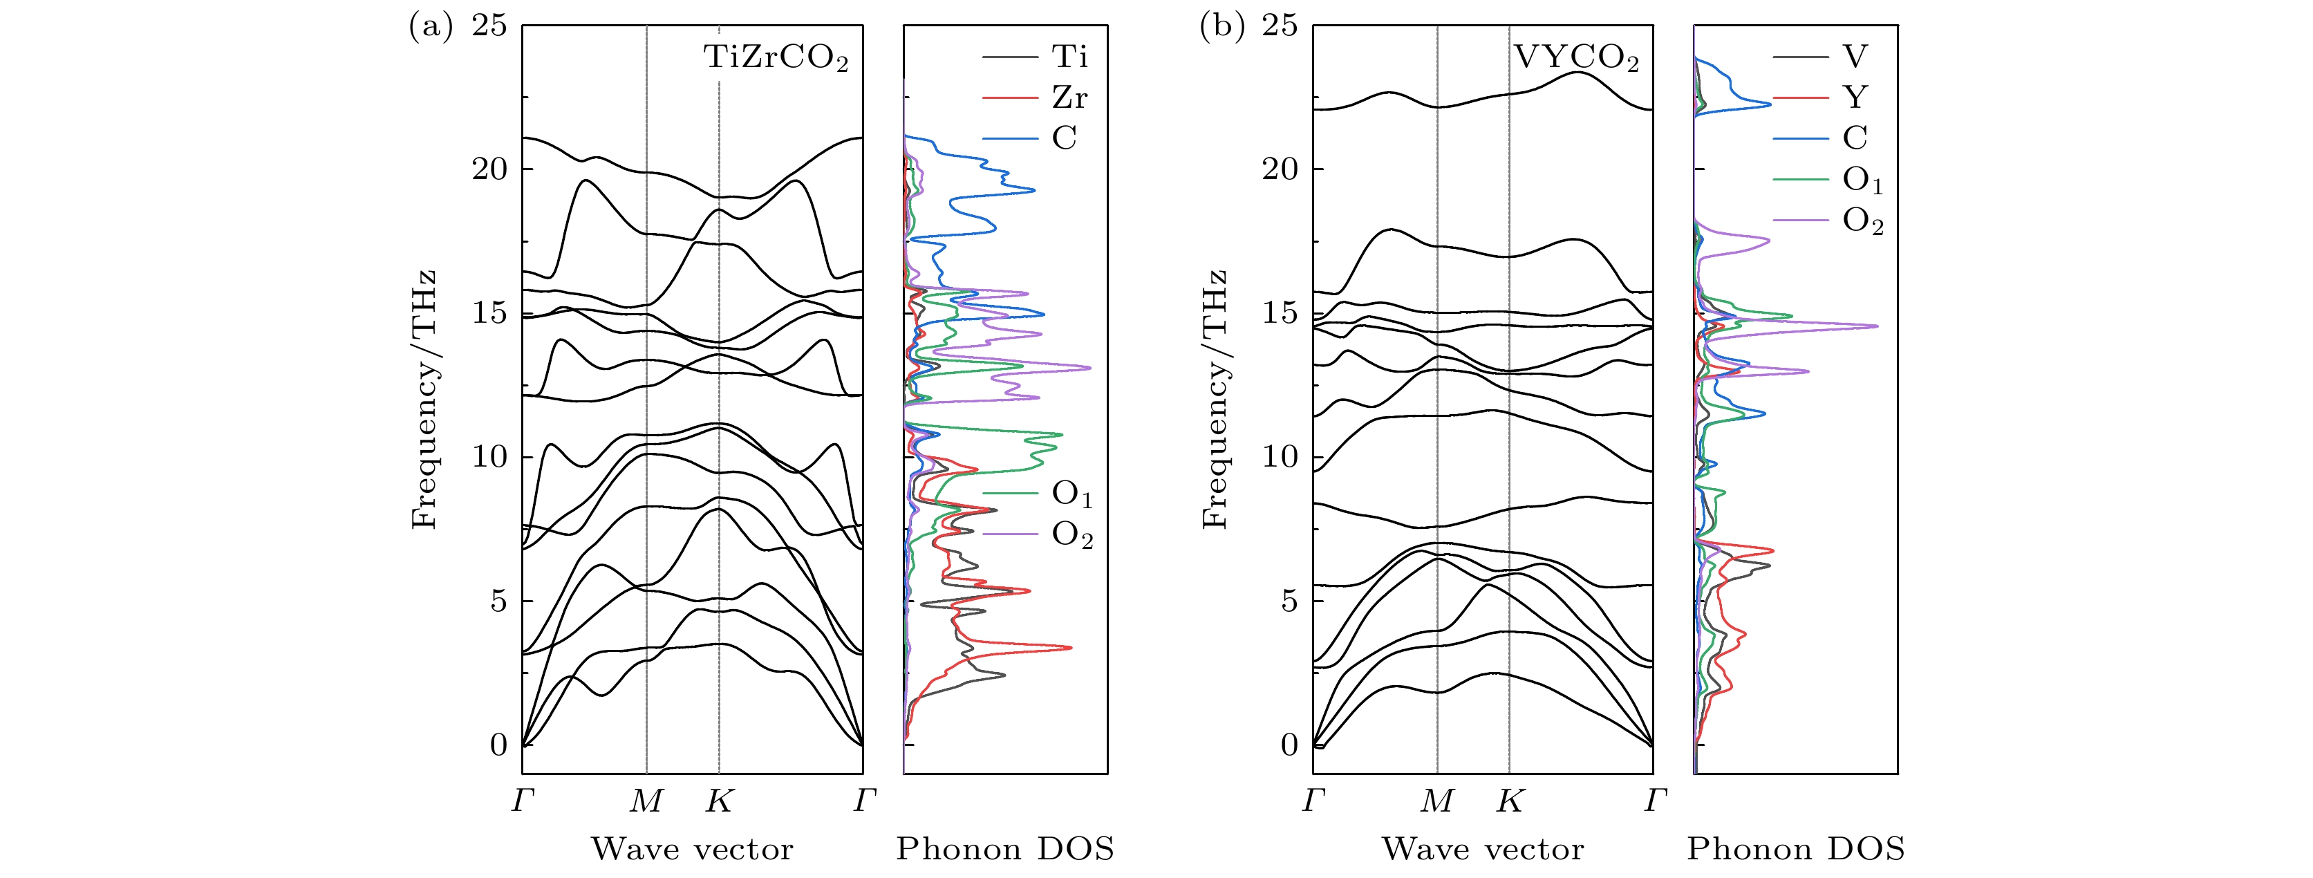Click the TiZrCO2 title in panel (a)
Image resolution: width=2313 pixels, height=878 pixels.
click(776, 58)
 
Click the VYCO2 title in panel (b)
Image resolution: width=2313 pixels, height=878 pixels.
click(1576, 58)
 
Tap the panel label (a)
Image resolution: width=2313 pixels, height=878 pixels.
click(431, 27)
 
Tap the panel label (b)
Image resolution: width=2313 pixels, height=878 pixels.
click(1222, 27)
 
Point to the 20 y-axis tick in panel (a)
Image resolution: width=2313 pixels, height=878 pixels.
click(489, 169)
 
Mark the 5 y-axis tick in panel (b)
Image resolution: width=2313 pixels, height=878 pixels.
click(1289, 601)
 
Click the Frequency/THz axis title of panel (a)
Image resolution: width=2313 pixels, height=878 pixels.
click(423, 400)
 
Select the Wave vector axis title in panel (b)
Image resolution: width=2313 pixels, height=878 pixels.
click(1483, 848)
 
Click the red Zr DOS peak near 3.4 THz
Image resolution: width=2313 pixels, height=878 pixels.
click(1070, 647)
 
